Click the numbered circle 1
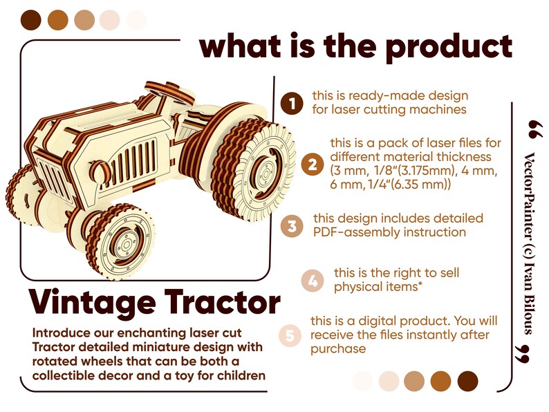pos(292,103)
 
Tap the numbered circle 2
pos(313,165)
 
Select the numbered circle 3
pos(292,226)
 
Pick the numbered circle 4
pos(313,281)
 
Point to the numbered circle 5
pos(291,335)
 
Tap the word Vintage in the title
pos(91,303)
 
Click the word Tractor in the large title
pos(221,303)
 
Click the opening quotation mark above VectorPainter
pos(532,129)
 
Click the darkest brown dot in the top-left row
pos(30,20)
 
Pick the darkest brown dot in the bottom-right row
pos(468,380)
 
